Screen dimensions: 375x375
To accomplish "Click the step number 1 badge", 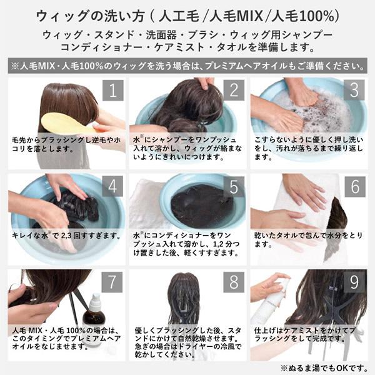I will (112, 90).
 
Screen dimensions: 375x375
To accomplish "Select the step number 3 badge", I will (354, 90).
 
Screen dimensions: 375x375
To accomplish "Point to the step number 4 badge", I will (112, 186).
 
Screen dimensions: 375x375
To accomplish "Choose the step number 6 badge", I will (354, 186).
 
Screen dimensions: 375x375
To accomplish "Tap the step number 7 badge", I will (112, 282).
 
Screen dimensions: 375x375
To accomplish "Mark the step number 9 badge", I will (354, 282).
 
